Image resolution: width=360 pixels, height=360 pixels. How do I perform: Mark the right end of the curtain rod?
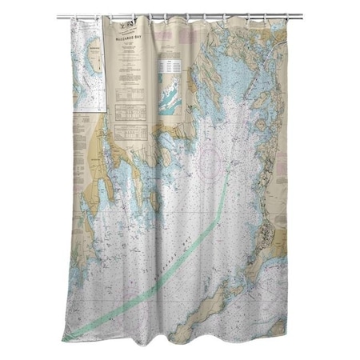coord(302,15)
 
